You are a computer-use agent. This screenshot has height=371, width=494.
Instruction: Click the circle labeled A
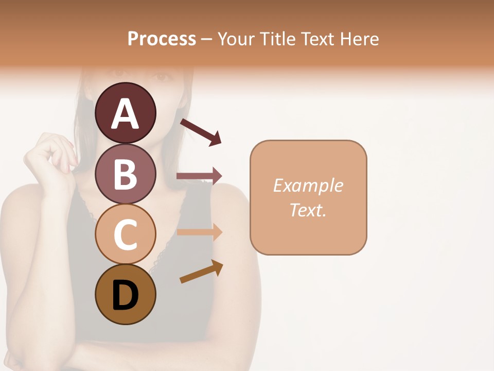click(125, 113)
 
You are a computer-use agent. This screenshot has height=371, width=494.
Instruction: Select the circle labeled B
click(125, 174)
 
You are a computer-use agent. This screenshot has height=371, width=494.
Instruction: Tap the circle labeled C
click(125, 234)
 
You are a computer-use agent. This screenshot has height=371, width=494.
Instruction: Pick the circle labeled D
click(125, 294)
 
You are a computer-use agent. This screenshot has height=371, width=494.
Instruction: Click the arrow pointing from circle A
click(201, 132)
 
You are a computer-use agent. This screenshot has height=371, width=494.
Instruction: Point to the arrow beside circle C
click(199, 232)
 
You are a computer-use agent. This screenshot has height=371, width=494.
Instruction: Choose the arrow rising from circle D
click(201, 272)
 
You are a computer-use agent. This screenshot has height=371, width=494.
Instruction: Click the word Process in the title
click(162, 39)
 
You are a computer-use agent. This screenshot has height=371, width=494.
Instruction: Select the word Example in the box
click(308, 185)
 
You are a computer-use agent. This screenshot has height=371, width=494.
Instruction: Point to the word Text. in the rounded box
click(308, 210)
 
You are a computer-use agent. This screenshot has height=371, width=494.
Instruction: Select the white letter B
click(125, 174)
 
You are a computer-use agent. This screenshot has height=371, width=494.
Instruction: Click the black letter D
click(125, 295)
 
